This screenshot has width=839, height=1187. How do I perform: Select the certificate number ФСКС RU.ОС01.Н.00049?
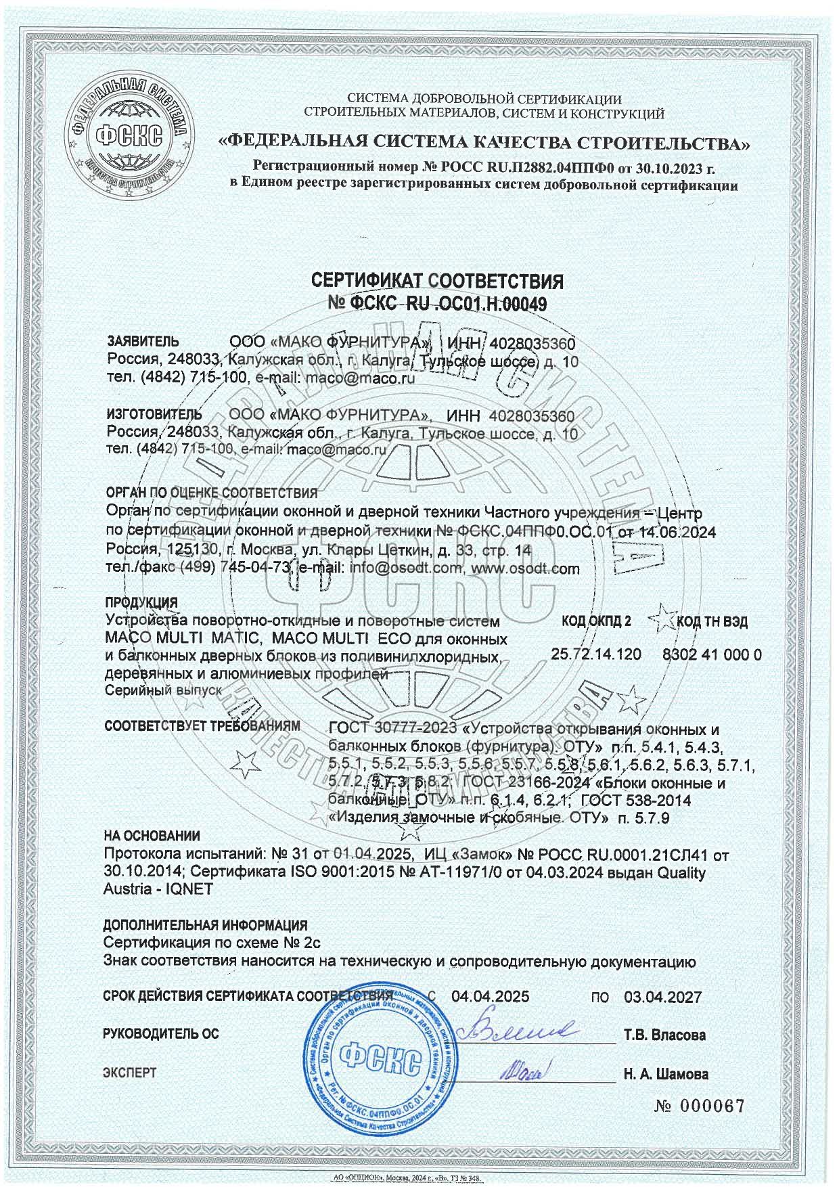coord(437,303)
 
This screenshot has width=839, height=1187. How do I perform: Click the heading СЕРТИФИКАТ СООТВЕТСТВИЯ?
coord(437,281)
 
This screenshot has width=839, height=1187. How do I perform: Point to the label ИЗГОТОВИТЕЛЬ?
coord(154,414)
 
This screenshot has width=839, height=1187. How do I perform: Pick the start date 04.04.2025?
coord(491,997)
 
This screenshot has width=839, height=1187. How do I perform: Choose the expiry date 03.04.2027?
coord(663,997)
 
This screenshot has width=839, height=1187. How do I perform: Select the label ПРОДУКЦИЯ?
coord(141,602)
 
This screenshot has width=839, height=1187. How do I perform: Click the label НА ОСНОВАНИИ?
coord(152,836)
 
